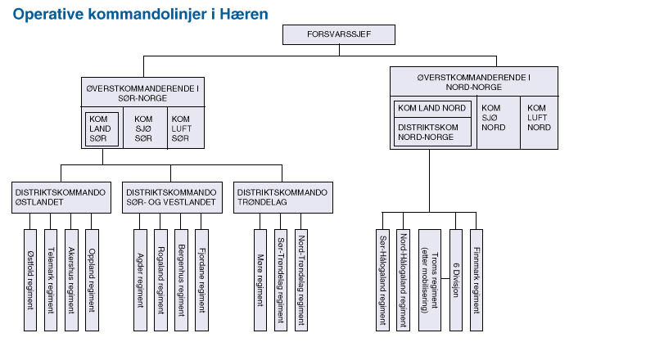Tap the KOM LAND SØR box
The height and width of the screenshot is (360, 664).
[102, 128]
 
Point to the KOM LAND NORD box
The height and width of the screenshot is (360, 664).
[433, 109]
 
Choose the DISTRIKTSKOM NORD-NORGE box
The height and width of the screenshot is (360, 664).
[433, 132]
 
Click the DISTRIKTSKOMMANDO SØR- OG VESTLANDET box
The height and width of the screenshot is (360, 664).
[170, 196]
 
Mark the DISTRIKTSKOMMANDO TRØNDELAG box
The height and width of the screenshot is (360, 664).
[282, 196]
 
